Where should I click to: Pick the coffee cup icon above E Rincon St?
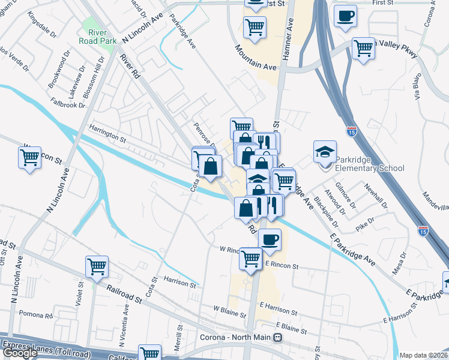(270, 239)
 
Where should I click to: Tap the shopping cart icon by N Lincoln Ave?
(29, 158)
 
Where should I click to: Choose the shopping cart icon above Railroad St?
(97, 266)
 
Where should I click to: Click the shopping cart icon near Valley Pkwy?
(364, 48)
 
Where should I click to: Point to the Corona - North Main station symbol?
(277, 337)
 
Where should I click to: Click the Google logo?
(19, 353)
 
